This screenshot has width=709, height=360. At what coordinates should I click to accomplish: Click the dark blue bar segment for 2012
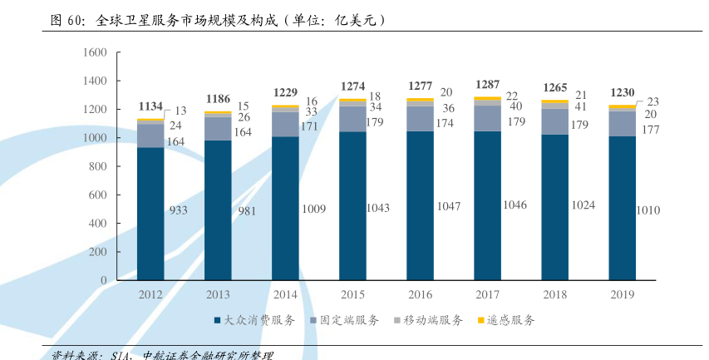point(150,214)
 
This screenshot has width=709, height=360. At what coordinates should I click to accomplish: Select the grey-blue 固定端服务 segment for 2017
point(487,118)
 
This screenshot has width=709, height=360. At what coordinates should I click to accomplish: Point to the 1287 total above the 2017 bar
point(487,85)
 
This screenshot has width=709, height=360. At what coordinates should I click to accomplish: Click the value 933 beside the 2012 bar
point(178,210)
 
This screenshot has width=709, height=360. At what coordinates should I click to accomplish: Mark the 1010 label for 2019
point(647,210)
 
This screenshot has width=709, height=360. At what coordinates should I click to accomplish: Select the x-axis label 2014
point(285,294)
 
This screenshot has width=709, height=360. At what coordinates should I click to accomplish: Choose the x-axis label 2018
point(554,294)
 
